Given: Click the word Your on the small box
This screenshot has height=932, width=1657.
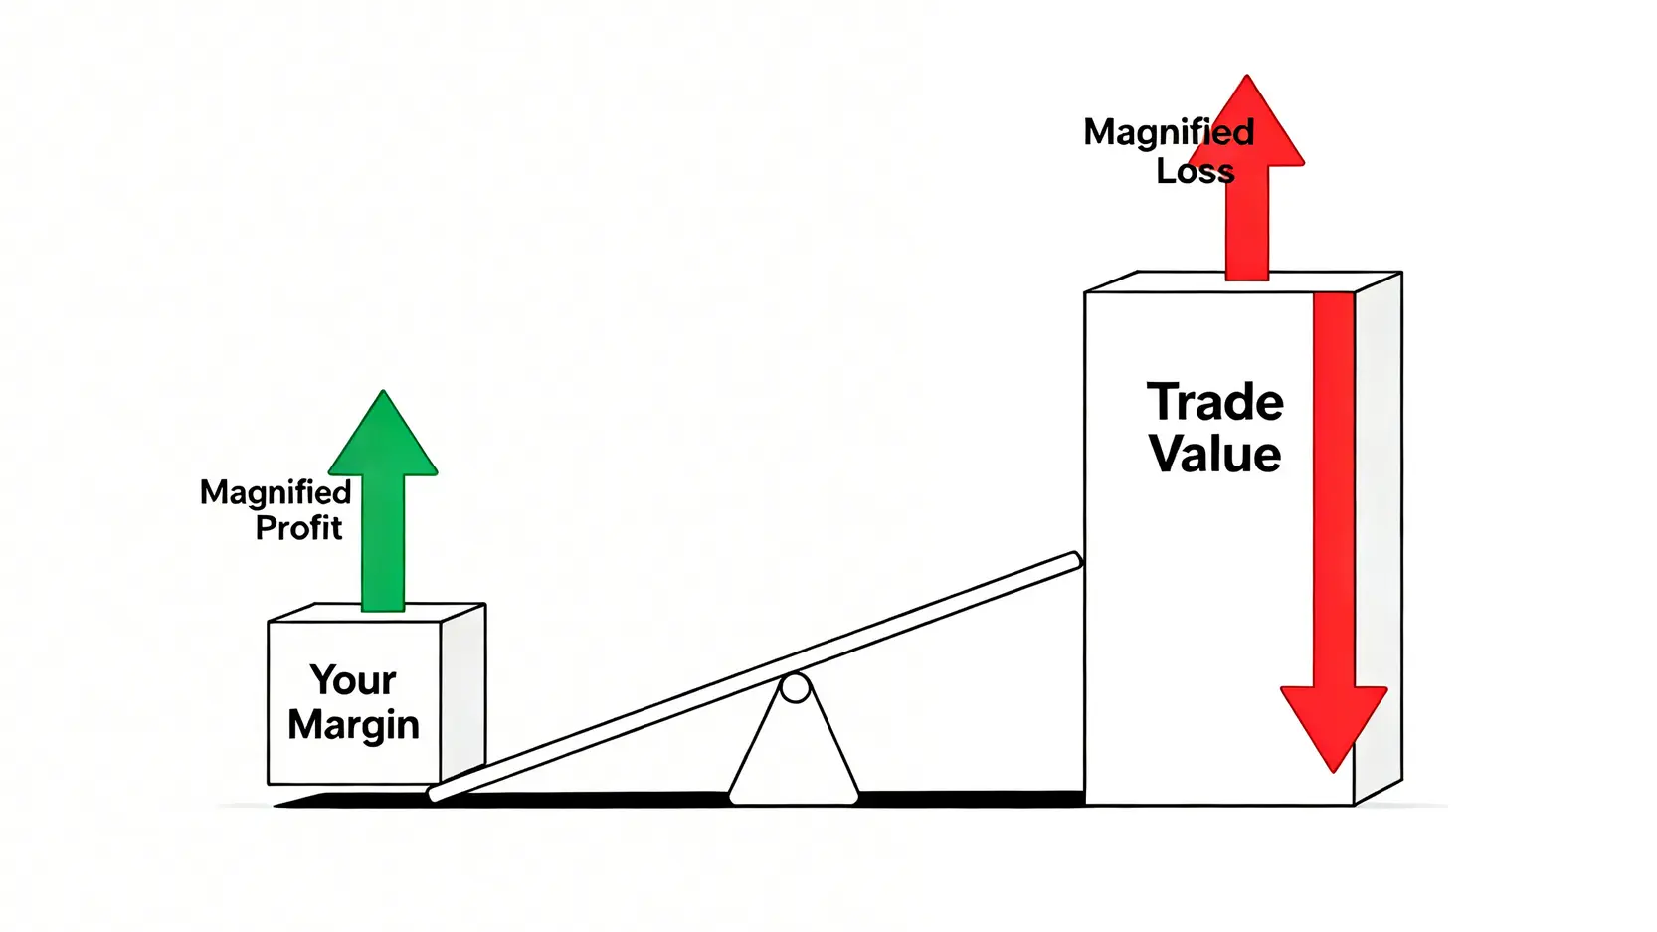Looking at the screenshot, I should pos(353,680).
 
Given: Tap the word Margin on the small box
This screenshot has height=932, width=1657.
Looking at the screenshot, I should pos(353,725).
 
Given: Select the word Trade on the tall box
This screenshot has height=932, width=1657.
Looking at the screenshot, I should pos(1215,403).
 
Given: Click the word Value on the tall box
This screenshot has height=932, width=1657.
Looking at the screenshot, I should pos(1215,454).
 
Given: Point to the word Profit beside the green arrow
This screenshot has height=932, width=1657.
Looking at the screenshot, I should pos(298,528).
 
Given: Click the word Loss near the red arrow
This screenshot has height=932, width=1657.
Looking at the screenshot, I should pos(1195,171).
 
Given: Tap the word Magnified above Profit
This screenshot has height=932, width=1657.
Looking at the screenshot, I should pos(276,492).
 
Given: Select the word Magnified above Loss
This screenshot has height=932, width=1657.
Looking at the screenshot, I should pos(1169,132).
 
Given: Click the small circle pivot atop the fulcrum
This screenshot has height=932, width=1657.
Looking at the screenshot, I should pos(795,687).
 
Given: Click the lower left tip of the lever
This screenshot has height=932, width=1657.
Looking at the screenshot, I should pos(436,793).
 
